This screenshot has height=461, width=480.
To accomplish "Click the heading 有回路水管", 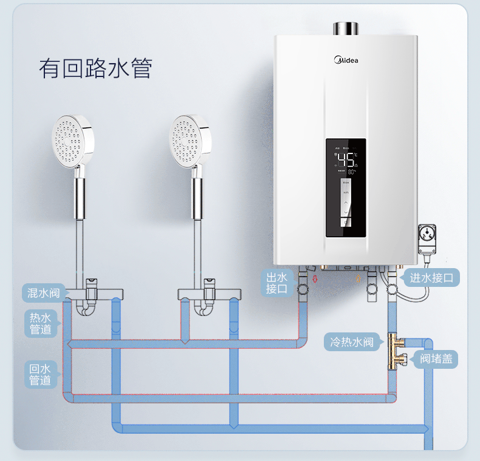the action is pos(95,69).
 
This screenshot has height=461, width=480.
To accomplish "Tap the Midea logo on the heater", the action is pos(347,60).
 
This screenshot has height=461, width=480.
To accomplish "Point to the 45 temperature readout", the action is pos(346,160).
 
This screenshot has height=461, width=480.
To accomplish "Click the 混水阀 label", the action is pos(44,293).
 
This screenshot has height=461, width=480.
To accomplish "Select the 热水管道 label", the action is pos(41,323).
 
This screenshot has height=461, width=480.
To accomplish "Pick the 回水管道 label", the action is pos(41,374).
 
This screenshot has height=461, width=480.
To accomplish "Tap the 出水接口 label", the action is pos(276,283).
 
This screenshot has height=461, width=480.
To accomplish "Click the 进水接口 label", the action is pos(431,278).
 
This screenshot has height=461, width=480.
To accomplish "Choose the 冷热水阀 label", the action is pos(352,343).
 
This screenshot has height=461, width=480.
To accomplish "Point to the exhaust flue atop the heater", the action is pos(346,29).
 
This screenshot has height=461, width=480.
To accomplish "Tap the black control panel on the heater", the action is pos(346,188).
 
